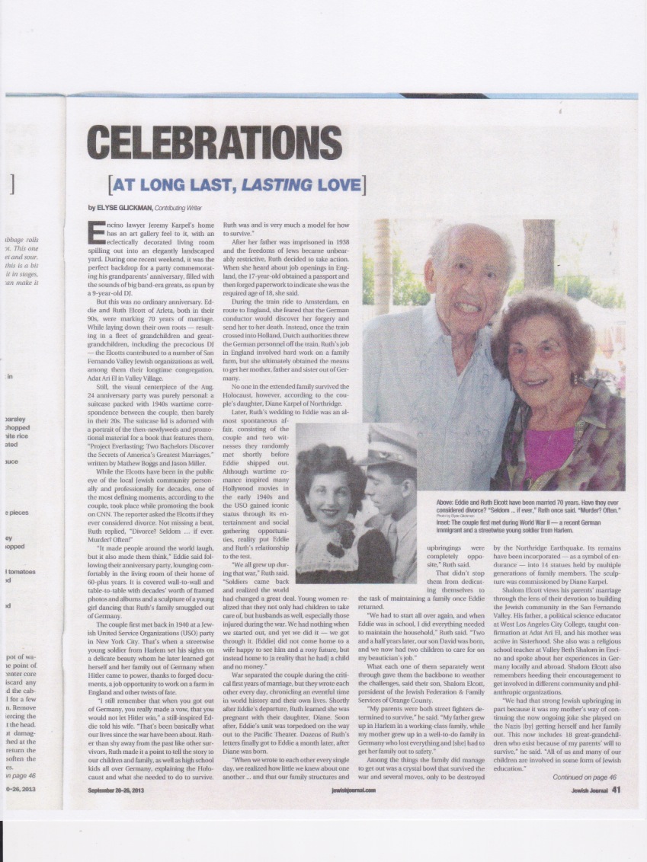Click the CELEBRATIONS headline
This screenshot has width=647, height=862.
pyautogui.click(x=205, y=142)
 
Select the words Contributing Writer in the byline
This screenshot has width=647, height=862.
pyautogui.click(x=181, y=208)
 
